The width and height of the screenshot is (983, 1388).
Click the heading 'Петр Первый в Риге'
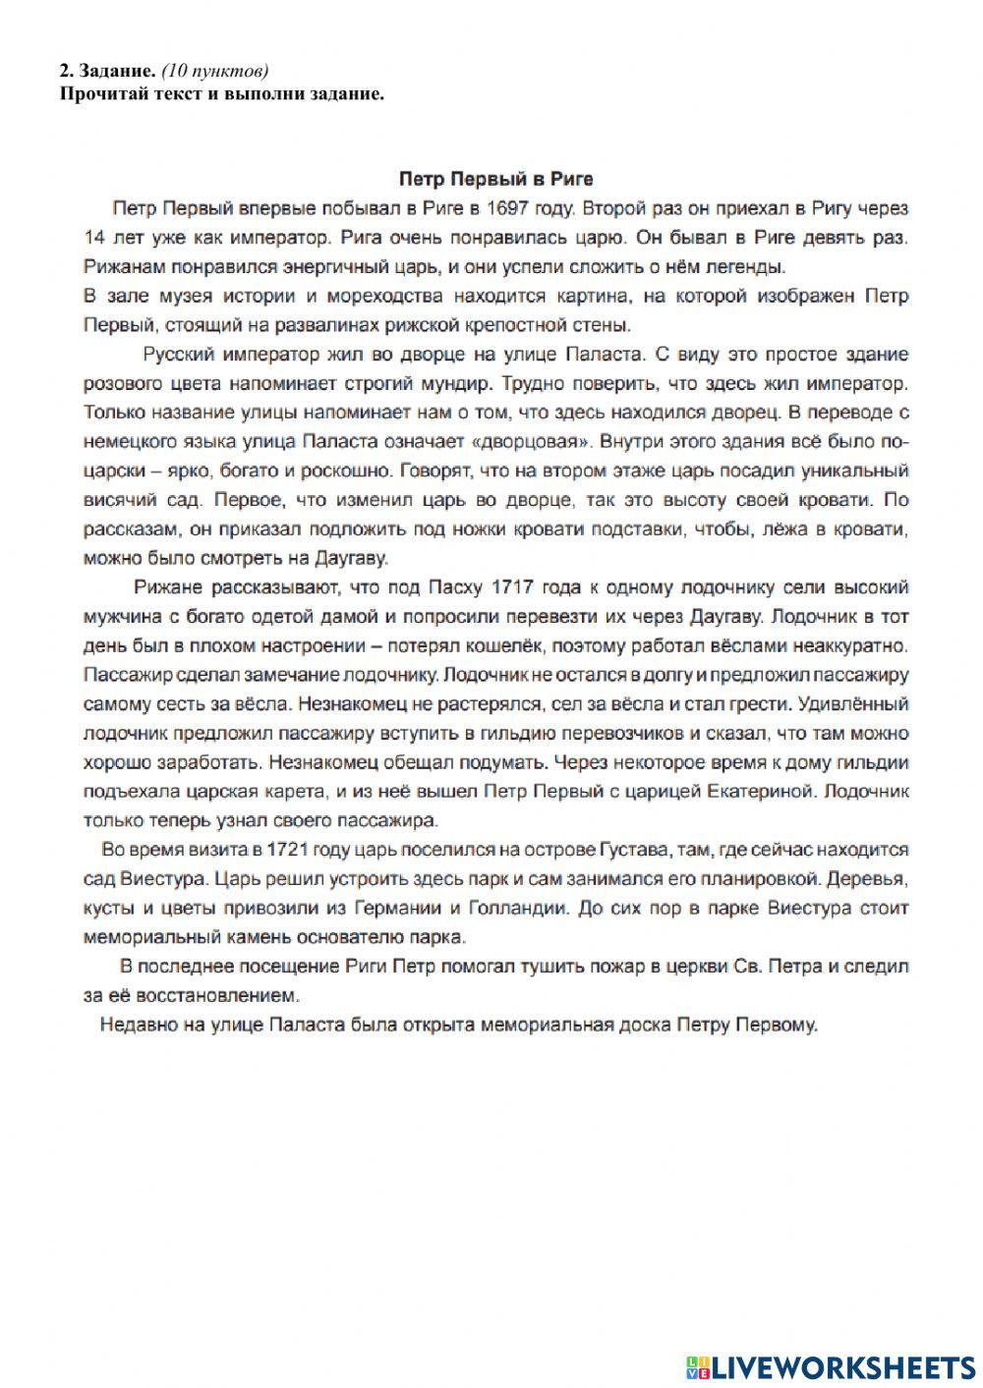point(496,180)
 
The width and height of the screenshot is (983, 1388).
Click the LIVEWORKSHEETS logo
point(830,1365)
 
